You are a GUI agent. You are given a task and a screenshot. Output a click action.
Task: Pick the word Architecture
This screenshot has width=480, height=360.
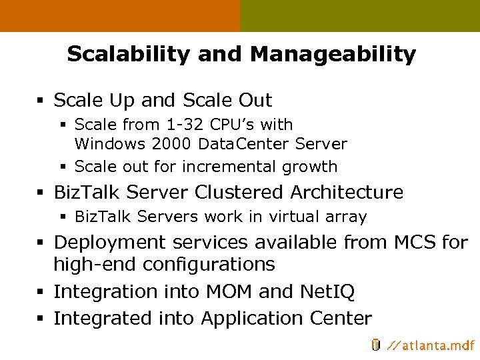[x=347, y=193]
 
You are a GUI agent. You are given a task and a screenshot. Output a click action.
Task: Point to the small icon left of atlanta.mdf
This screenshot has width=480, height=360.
[x=375, y=345]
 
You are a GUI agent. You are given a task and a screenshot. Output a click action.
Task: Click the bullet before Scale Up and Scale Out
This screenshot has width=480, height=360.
[x=42, y=101]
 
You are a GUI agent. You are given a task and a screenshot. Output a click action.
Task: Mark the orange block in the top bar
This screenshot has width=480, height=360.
[x=120, y=16]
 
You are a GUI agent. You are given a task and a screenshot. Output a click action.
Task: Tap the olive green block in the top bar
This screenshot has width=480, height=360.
[x=360, y=16]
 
